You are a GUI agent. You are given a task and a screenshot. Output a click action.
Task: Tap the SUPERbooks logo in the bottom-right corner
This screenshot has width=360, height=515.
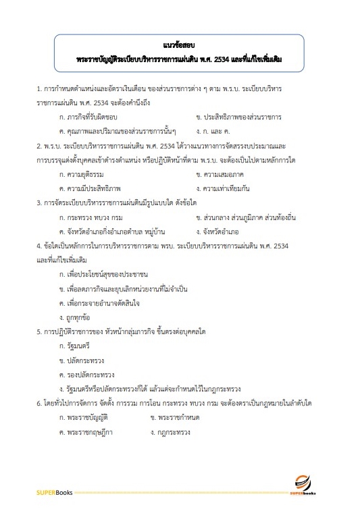(307, 486)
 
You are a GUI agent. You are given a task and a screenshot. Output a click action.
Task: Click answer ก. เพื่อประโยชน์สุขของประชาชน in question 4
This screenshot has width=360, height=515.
(103, 274)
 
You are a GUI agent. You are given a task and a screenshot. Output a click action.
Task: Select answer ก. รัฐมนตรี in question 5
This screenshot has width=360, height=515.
(75, 346)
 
